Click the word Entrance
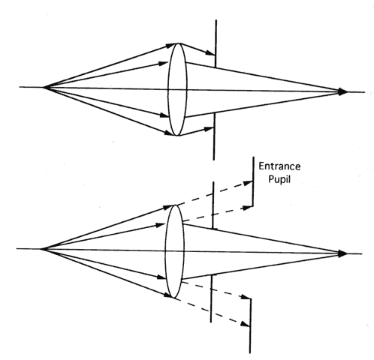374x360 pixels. tap(279, 166)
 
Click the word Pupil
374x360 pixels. tap(279, 179)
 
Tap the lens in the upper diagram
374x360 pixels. tap(177, 89)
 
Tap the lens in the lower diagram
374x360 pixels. tap(174, 251)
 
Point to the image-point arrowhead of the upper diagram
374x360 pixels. tap(342, 91)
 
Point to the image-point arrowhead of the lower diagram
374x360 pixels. tap(342, 253)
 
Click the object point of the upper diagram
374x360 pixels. tap(44, 87)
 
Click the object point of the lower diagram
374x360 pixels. tap(41, 249)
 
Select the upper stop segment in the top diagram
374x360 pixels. tap(216, 43)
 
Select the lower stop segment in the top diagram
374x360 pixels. tap(214, 136)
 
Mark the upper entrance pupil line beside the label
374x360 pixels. tap(253, 181)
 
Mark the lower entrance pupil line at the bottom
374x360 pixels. tap(250, 325)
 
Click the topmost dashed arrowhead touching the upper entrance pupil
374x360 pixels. tap(248, 183)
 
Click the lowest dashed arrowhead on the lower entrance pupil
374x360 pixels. tap(245, 324)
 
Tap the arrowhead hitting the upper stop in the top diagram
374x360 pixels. tap(210, 52)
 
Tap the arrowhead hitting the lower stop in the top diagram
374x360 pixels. tap(208, 129)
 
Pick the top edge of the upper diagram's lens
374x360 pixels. tap(178, 43)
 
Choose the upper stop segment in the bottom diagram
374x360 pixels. tap(213, 205)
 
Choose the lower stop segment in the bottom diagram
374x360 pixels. tap(211, 298)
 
